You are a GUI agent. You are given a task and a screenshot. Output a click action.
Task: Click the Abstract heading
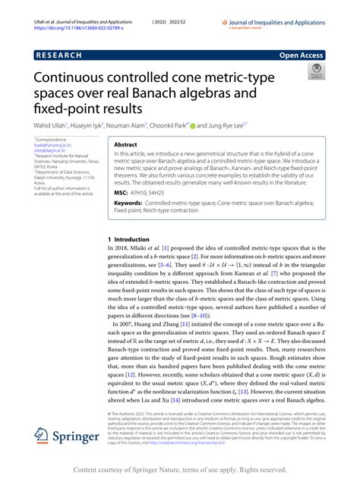point(125,143)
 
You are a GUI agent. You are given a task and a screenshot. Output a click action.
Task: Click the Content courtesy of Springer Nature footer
point(180,470)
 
